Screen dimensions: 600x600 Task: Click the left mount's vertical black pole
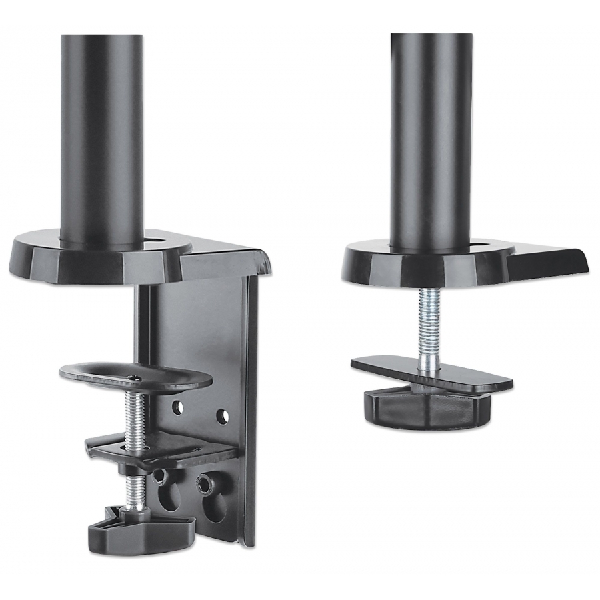102,133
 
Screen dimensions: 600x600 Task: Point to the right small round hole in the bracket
223,417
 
